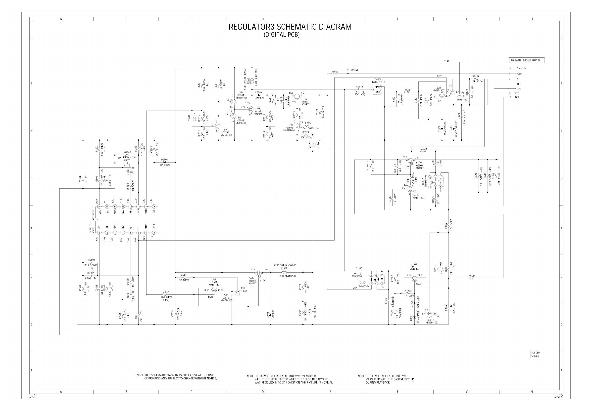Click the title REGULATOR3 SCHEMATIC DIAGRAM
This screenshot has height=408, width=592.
click(x=290, y=27)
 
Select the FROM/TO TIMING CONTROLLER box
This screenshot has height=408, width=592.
click(x=527, y=60)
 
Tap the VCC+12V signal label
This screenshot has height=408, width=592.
click(x=522, y=68)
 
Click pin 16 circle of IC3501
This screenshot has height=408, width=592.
click(x=99, y=206)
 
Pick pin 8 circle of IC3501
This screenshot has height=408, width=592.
click(x=154, y=233)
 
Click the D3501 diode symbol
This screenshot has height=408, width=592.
click(x=165, y=162)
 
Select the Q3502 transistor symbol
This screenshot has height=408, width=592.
click(x=217, y=126)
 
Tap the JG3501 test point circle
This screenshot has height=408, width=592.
click(x=348, y=70)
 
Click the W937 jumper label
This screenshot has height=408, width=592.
click(x=335, y=72)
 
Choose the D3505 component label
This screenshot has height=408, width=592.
click(x=378, y=80)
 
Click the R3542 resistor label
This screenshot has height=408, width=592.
click(x=476, y=76)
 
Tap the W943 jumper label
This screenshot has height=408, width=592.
click(x=472, y=276)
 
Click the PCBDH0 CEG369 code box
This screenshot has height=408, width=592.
click(x=535, y=354)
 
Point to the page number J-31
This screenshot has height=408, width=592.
click(x=34, y=397)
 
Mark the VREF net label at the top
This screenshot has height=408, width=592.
click(x=446, y=61)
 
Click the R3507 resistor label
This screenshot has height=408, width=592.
click(x=127, y=152)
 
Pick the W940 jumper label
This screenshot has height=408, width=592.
click(x=424, y=149)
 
